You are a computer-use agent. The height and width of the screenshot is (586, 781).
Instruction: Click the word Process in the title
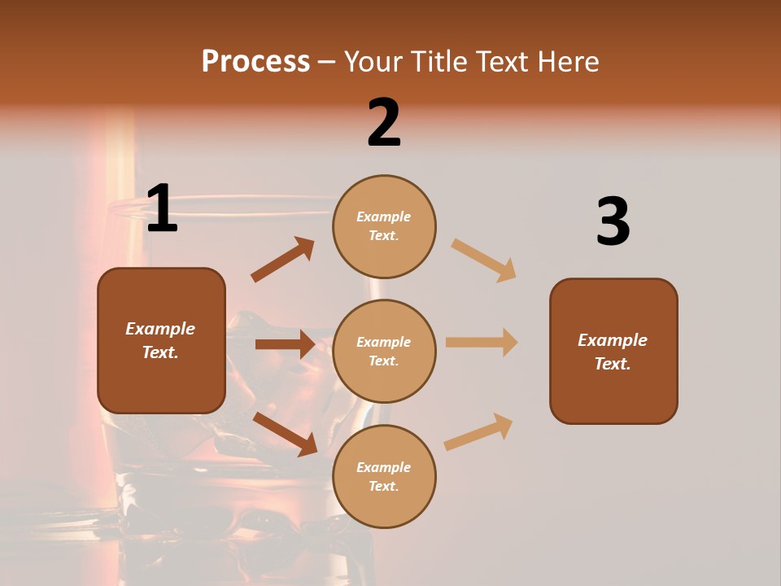coord(255,61)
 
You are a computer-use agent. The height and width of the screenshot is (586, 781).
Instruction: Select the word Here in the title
coord(567,61)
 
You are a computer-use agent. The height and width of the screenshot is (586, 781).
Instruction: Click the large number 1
coord(162,209)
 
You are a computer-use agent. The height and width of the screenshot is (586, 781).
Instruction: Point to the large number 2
coord(384,123)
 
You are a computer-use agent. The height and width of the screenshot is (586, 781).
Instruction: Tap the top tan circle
coord(384,226)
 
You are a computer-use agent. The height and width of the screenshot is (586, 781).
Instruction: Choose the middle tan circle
coord(384,352)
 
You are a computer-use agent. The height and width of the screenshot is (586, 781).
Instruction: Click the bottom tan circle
coord(384,477)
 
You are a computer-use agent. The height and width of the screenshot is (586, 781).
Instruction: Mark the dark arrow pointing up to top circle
coord(282,260)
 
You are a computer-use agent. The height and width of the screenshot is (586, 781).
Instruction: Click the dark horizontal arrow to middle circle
coord(284,344)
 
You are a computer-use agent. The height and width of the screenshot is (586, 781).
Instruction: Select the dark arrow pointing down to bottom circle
coord(285,434)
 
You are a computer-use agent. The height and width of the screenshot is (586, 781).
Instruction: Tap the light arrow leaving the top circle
coord(484,260)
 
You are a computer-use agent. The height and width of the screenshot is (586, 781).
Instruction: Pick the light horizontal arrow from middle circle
coord(482,343)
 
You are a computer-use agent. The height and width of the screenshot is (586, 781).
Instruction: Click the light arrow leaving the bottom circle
coord(478,431)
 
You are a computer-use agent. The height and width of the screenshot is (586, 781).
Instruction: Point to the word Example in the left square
coord(160,329)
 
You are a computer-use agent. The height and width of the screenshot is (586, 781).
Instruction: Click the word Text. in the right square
coord(613,364)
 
